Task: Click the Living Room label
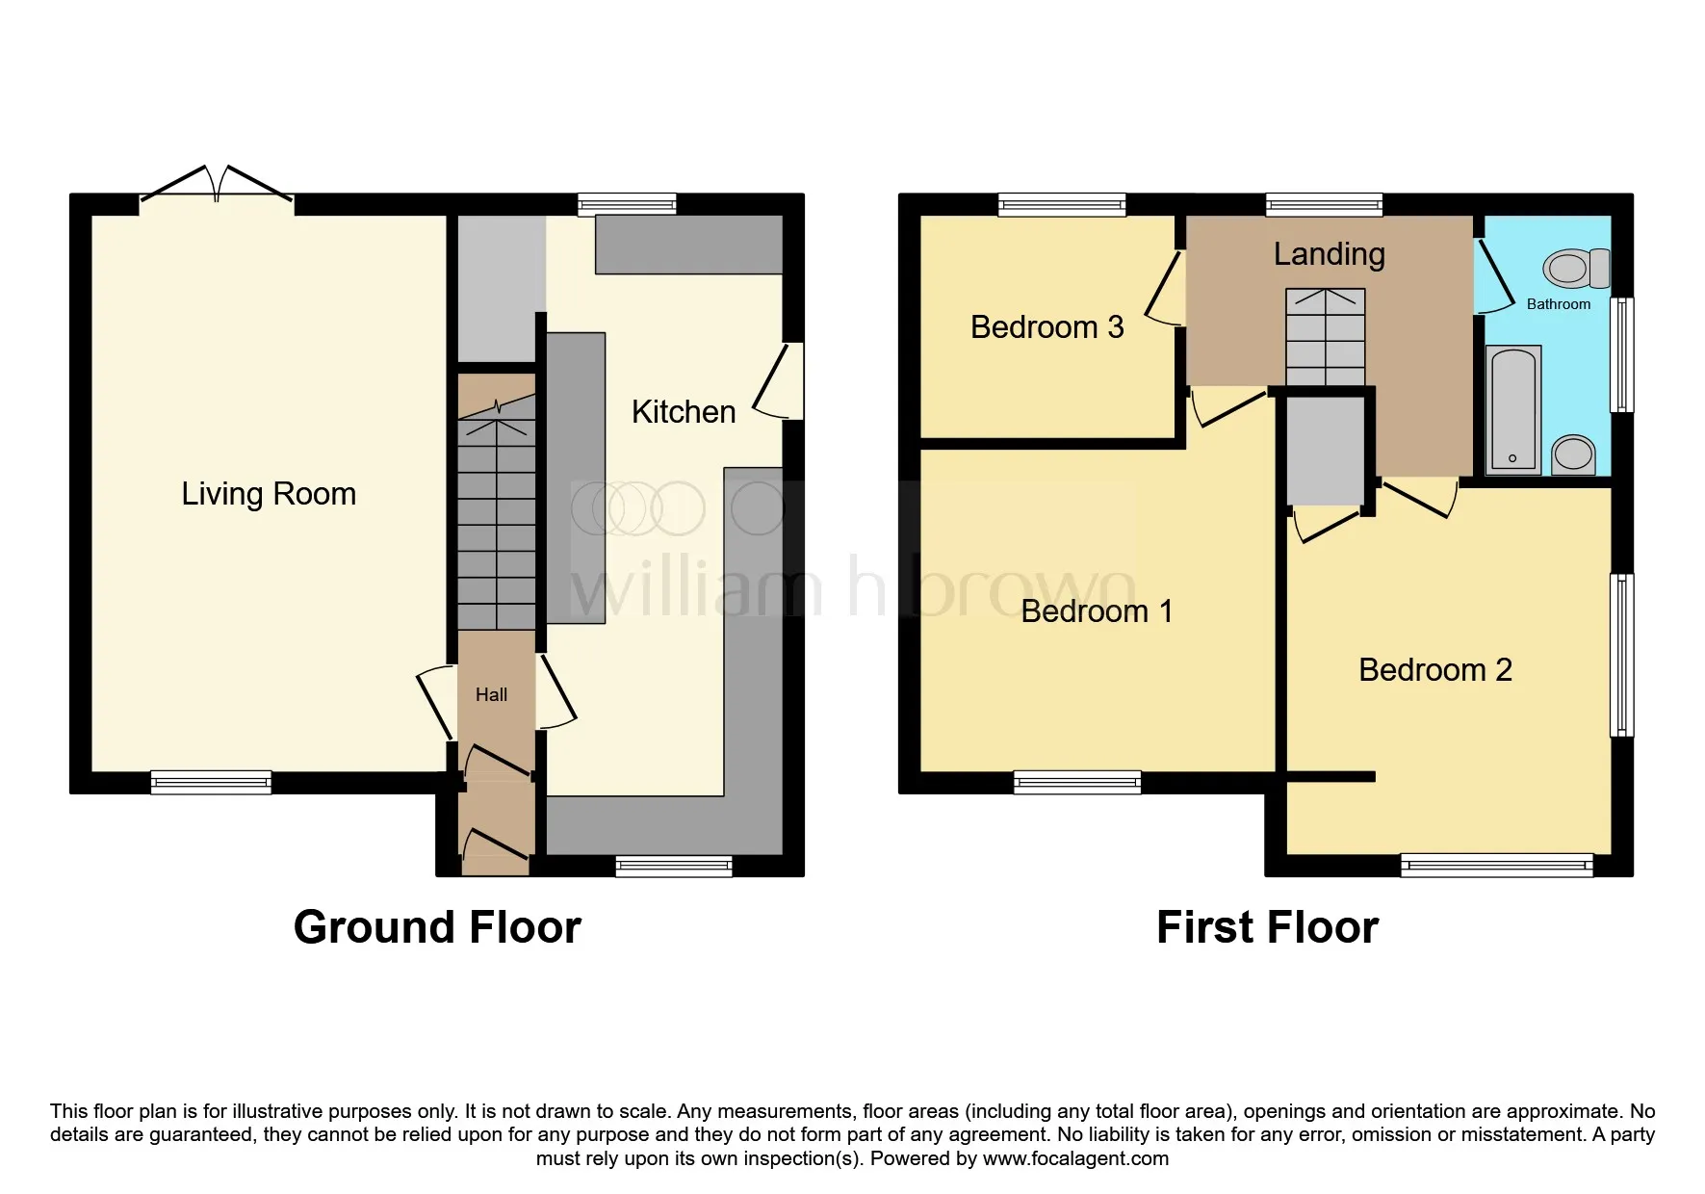(269, 494)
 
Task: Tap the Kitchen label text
(684, 412)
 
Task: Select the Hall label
(491, 694)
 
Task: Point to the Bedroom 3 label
(1047, 327)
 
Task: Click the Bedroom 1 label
(1097, 611)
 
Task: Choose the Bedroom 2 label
(1435, 670)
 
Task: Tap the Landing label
(1330, 254)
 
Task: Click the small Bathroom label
(1559, 304)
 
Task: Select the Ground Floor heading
(437, 927)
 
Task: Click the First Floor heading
(1267, 927)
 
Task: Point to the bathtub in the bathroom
(1514, 410)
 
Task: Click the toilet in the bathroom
(1576, 269)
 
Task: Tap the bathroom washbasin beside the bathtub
(1573, 454)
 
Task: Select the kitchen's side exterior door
(779, 381)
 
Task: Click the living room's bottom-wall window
(211, 783)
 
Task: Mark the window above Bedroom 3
(1062, 204)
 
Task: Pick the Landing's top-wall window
(1324, 204)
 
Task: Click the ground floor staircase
(496, 513)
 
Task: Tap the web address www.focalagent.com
(1075, 1158)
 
